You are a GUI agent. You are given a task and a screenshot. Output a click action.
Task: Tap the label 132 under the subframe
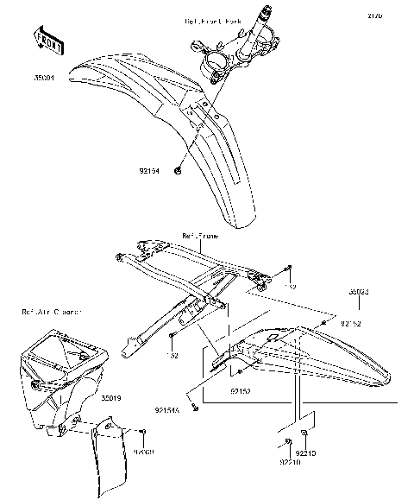172,354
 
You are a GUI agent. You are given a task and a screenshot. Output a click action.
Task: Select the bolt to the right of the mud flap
144,432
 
